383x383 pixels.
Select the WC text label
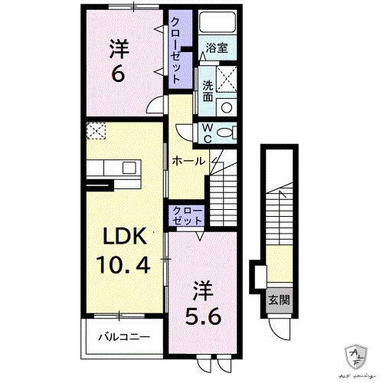pyautogui.click(x=208, y=133)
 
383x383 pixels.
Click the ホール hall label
pyautogui.click(x=188, y=162)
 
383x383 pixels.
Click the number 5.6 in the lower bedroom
pyautogui.click(x=201, y=314)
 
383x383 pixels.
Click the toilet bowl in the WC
pyautogui.click(x=226, y=133)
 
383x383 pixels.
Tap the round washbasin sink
pyautogui.click(x=226, y=106)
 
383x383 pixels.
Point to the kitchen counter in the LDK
pyautogui.click(x=112, y=168)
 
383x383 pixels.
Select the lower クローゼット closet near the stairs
pyautogui.click(x=186, y=215)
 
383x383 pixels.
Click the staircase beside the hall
pyautogui.click(x=227, y=195)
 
